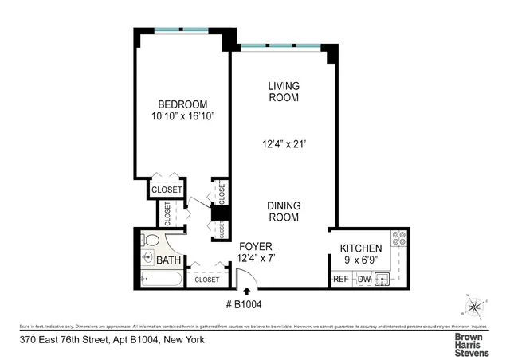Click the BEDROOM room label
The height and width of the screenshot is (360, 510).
click(182, 104)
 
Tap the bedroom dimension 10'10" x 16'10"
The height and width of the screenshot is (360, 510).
click(182, 116)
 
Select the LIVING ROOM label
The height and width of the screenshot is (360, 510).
click(283, 92)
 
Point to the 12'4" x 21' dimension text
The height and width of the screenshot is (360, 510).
click(283, 144)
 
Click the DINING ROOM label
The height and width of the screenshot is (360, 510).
click(283, 211)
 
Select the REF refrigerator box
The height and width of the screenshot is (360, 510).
click(340, 280)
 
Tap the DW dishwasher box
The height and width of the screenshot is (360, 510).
click(363, 280)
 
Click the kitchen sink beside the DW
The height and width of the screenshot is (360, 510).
click(382, 280)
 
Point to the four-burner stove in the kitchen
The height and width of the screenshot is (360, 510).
click(399, 238)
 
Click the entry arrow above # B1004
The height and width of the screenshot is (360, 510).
click(246, 292)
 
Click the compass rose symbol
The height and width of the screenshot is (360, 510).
click(474, 306)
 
